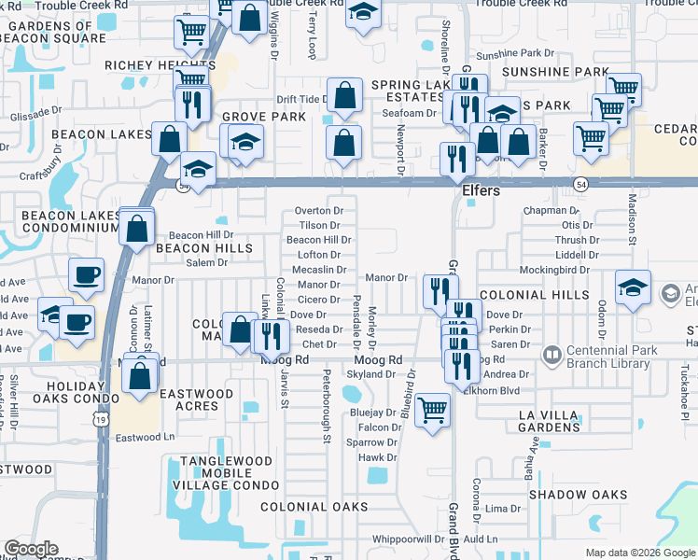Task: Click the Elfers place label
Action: (x=482, y=190)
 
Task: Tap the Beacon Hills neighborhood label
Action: (x=204, y=248)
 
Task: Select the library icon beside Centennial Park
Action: (x=551, y=356)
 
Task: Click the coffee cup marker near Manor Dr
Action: (x=86, y=274)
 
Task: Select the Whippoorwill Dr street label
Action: (x=408, y=539)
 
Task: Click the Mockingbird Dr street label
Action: (x=555, y=270)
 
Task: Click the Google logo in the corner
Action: (x=31, y=549)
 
